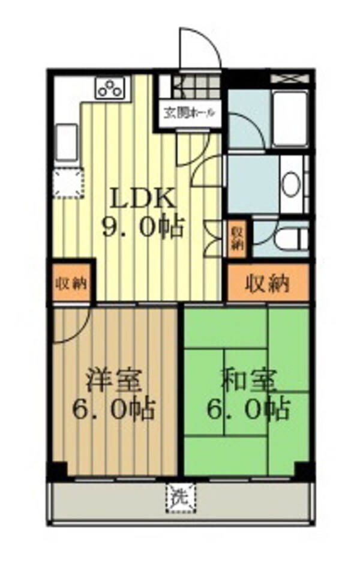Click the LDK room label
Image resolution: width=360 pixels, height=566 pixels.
click(x=142, y=199)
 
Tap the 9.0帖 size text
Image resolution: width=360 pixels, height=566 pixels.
click(x=142, y=228)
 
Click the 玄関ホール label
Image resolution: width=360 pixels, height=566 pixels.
click(x=187, y=112)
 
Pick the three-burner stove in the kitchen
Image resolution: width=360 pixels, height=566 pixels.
click(x=110, y=88)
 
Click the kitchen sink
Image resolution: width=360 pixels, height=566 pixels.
click(x=67, y=142)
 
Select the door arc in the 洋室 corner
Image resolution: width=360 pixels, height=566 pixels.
click(x=71, y=327)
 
